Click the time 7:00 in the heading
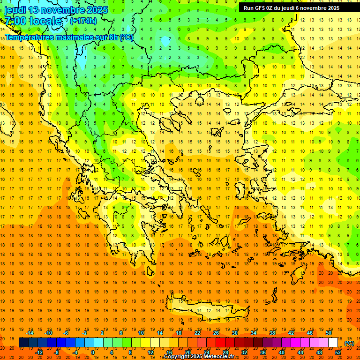pos(15,21)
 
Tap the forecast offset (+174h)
pos(83,21)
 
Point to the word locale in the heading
pos(47,21)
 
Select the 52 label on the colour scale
pos(338,352)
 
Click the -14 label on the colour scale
pos(30,333)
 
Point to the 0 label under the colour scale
pos(93,352)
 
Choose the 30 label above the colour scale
pos(234,333)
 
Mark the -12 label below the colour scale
pos(39,352)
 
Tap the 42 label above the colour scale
pos(291,333)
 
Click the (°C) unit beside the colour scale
pos(349,343)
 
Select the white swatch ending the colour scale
pos(333,343)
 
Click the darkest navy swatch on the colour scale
pos(23,343)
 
